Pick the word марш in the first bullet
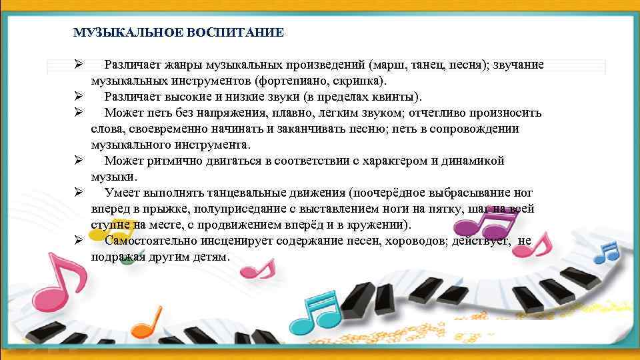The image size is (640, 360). pyautogui.click(x=399, y=65)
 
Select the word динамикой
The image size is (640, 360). pyautogui.click(x=475, y=161)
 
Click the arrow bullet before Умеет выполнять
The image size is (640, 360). pyautogui.click(x=78, y=193)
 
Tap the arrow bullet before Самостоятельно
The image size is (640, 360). pyautogui.click(x=78, y=241)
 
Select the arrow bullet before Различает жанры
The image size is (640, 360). pyautogui.click(x=78, y=65)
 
